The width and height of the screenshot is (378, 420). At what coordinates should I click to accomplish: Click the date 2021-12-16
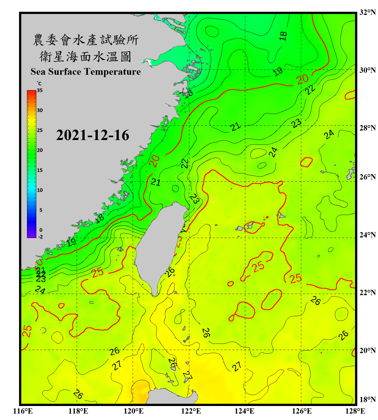coord(93,135)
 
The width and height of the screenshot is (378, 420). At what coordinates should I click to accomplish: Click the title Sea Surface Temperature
coord(86,72)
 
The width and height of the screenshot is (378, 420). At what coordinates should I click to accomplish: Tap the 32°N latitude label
coord(367,12)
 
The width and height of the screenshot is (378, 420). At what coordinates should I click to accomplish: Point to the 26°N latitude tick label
coord(367,177)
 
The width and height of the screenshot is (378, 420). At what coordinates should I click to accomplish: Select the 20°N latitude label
coord(367,350)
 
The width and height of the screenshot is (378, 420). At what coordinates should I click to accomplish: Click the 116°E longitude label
coord(23,411)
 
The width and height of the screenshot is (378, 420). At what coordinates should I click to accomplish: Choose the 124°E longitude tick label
coord(244,411)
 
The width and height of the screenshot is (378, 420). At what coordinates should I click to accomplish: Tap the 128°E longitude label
coord(355,411)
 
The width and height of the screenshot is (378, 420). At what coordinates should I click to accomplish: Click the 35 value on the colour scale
coord(40,90)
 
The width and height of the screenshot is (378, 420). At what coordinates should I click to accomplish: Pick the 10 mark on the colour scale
coord(40,190)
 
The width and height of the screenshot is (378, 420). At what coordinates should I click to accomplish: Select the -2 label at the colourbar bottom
coord(40,237)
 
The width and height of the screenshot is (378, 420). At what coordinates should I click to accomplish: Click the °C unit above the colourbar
coord(39,83)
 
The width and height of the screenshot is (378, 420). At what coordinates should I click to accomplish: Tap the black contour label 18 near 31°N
coord(283,36)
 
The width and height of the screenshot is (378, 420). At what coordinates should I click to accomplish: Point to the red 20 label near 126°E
coord(302,79)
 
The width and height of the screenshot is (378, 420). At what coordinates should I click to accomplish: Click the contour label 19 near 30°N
coord(278,72)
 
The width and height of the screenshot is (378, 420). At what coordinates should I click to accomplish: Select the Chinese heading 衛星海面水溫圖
coord(85,57)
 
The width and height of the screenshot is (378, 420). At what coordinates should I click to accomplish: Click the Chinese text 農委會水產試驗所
coord(86,40)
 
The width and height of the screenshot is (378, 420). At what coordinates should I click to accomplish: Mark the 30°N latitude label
coord(367,70)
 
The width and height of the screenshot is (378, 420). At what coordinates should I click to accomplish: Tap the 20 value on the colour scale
coord(40,150)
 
